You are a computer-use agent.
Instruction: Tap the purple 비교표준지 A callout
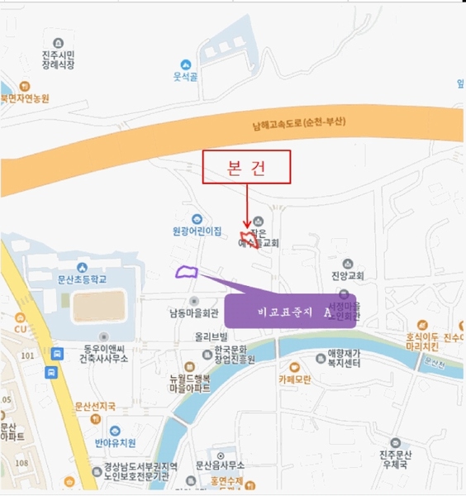(290, 310)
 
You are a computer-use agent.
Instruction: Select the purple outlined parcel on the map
(188, 273)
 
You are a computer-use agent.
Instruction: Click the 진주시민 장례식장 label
(59, 59)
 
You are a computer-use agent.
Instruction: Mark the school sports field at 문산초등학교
(97, 306)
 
